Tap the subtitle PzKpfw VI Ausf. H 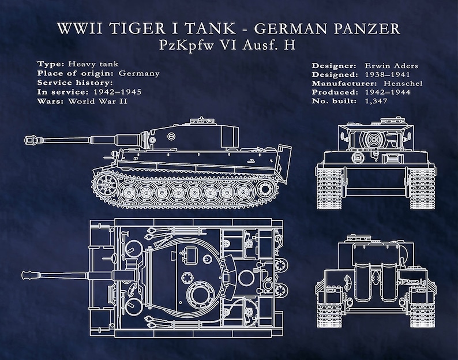point(229,46)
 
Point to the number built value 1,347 point(376,101)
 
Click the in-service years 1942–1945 point(114,92)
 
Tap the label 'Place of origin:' point(76,73)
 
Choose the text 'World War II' point(97,101)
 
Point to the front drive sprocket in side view point(106,184)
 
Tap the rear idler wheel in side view point(266,187)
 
